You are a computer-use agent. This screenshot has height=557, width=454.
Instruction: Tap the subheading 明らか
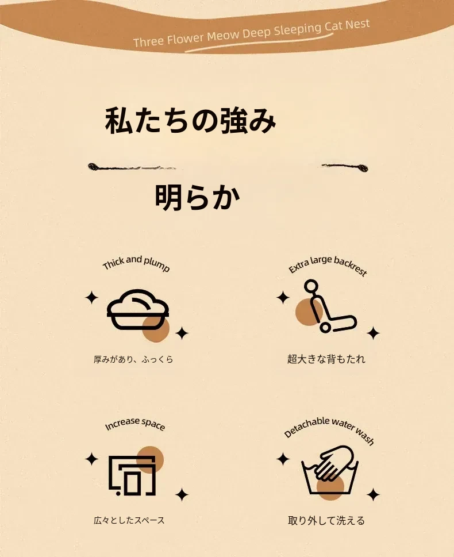click(x=198, y=197)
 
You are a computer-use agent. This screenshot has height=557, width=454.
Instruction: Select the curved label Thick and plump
click(x=136, y=263)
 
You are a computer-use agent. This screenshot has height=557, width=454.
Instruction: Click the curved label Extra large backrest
click(x=328, y=266)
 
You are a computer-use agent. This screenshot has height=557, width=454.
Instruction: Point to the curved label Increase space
click(x=135, y=424)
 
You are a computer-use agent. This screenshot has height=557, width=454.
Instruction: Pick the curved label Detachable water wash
click(x=329, y=429)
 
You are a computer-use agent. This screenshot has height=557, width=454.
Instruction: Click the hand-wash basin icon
click(x=330, y=470)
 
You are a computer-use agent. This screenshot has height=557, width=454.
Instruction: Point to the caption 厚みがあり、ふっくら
click(x=133, y=359)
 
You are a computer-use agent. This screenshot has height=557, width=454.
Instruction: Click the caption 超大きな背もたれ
click(x=326, y=359)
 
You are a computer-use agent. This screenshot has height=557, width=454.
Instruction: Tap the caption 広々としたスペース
click(x=129, y=520)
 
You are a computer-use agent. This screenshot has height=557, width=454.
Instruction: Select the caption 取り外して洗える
click(x=326, y=521)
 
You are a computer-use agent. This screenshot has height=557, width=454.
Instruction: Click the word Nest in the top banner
click(x=357, y=25)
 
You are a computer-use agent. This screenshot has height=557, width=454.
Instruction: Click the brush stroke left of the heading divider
click(x=132, y=167)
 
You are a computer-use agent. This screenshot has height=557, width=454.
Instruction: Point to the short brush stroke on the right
click(x=345, y=167)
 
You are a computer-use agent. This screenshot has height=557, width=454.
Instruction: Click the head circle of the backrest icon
click(x=311, y=286)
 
